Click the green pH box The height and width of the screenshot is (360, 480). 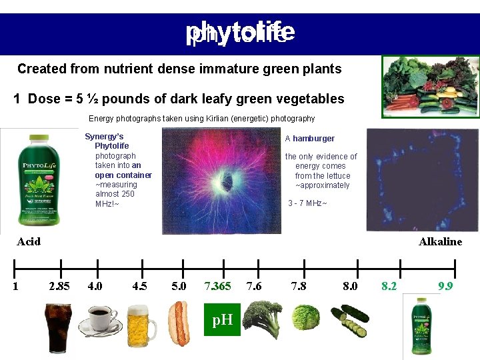[221, 319]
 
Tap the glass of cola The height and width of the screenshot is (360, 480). [59, 327]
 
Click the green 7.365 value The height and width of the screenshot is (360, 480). [217, 286]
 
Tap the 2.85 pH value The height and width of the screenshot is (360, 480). [59, 286]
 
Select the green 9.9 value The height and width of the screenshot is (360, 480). [445, 286]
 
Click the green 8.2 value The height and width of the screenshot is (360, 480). [389, 286]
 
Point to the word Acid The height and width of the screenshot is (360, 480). [28, 241]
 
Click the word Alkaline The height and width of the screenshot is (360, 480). [440, 241]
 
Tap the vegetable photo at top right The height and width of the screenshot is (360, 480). [430, 86]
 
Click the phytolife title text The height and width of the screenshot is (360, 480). [240, 32]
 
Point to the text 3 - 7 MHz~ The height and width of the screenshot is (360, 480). [307, 203]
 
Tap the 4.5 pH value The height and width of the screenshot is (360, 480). [139, 286]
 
